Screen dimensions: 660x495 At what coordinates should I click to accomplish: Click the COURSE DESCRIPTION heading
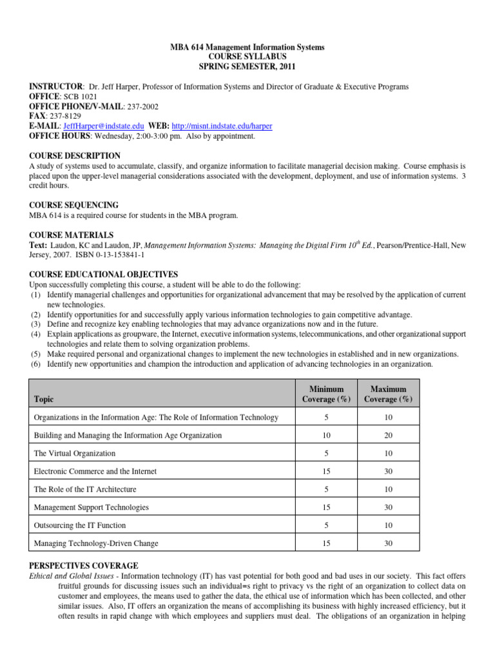pos(74,155)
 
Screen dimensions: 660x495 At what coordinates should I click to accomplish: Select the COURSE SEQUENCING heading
pos(73,204)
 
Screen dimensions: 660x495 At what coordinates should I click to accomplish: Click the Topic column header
pos(45,400)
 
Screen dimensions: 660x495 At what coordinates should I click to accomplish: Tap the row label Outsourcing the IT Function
pos(79,525)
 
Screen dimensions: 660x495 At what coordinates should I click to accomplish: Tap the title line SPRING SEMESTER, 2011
pos(247,66)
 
